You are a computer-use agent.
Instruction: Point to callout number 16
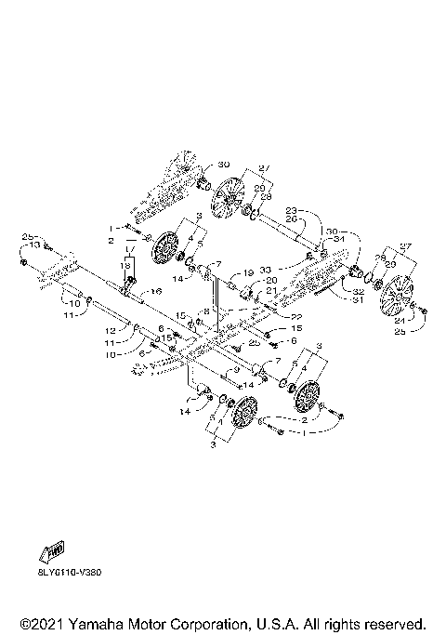tap(156, 291)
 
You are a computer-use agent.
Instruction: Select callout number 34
tap(338, 238)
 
